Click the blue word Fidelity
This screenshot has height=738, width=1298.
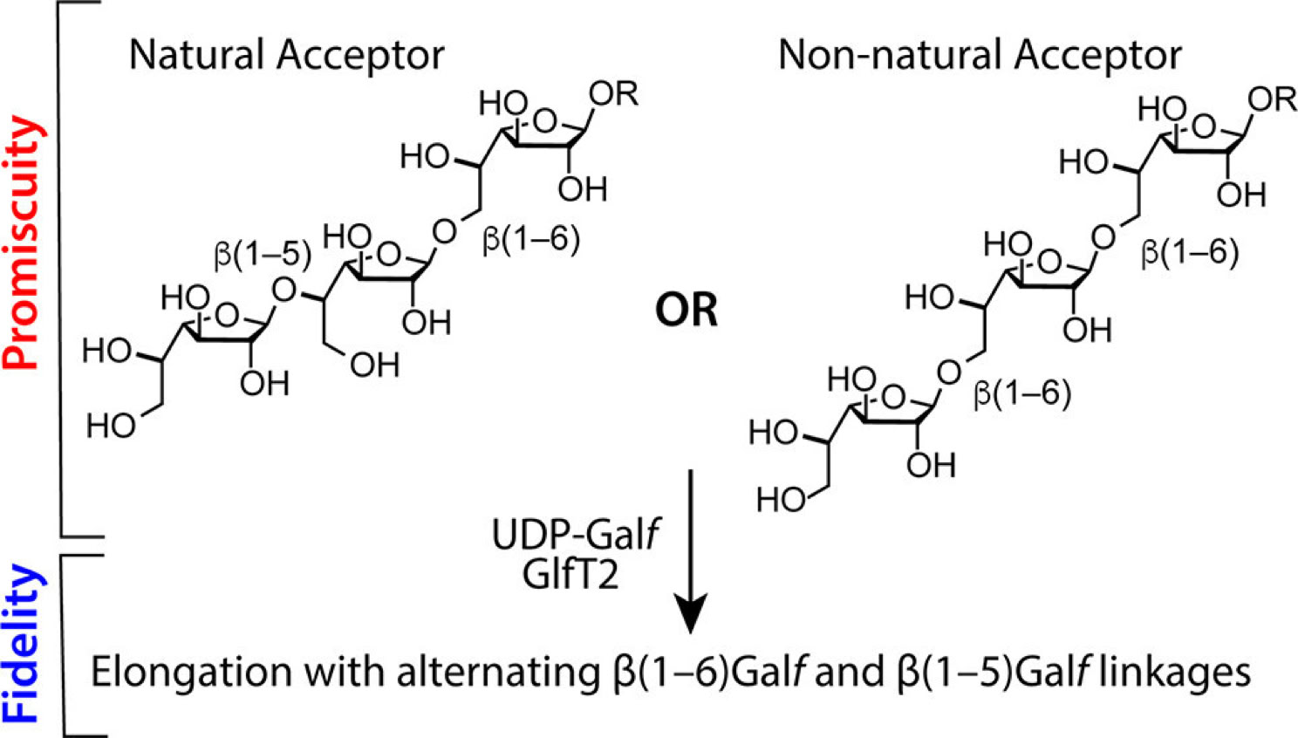(x=21, y=644)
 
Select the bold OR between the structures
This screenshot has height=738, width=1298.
(x=687, y=310)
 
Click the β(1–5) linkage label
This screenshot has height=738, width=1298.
(x=263, y=254)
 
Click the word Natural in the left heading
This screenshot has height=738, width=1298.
(x=197, y=55)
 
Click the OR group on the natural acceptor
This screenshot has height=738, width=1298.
(x=614, y=93)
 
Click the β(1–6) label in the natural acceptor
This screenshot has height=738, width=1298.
(x=531, y=240)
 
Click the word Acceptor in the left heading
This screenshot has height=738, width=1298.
(x=362, y=55)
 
